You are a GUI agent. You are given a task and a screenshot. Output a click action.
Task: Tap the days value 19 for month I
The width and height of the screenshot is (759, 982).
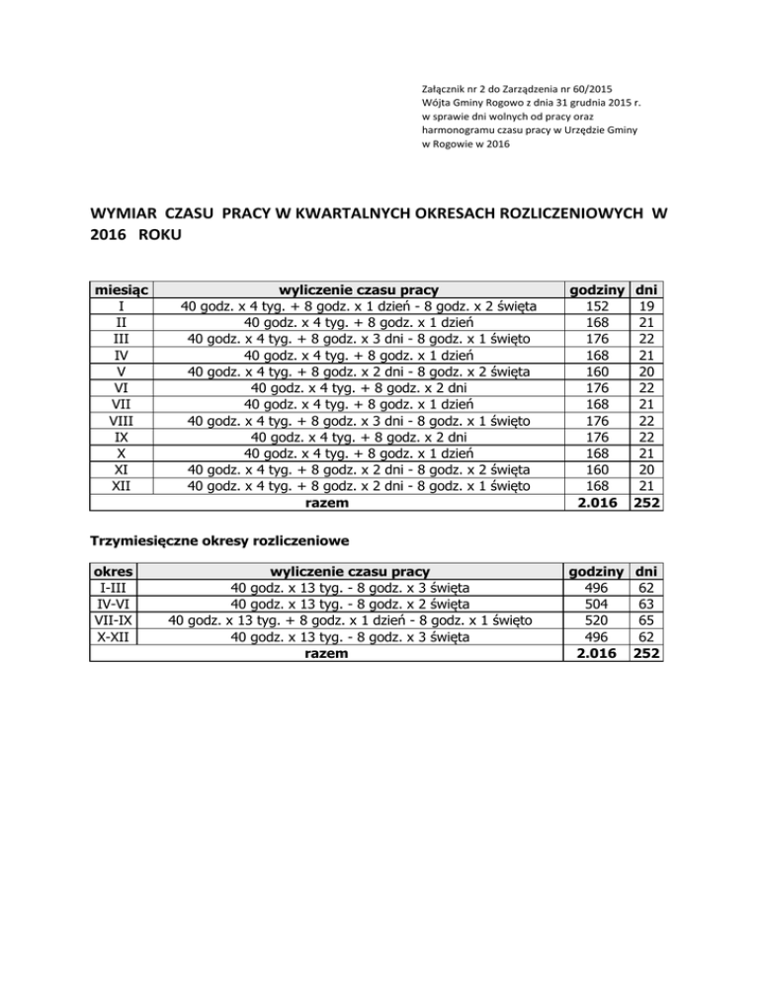coord(647,306)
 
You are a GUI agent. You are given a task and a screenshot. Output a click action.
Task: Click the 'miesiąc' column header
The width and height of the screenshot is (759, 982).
coord(120,289)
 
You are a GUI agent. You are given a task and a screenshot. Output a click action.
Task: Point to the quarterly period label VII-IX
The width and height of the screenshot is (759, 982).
coord(113,620)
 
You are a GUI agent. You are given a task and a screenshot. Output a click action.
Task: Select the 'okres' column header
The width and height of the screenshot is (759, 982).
coord(113,570)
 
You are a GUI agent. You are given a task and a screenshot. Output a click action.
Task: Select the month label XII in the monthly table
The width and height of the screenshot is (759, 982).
coord(120,486)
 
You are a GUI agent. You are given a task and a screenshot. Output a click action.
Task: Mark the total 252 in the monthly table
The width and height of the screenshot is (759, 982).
coord(647,503)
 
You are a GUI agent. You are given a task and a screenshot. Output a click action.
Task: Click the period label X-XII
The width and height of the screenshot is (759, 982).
coord(113,637)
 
